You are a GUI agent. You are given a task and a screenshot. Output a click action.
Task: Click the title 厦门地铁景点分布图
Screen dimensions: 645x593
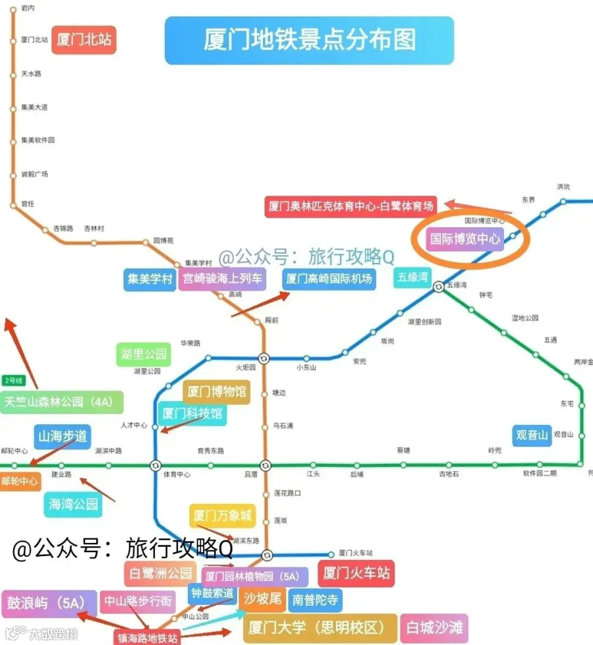[x=309, y=40]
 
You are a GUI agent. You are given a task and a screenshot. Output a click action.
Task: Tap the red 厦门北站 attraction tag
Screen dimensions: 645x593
[x=84, y=40]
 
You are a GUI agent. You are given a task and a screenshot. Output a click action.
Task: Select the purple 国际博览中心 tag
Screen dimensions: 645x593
[x=465, y=238]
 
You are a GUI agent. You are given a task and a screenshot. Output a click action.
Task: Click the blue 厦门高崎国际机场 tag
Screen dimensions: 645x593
[x=329, y=279]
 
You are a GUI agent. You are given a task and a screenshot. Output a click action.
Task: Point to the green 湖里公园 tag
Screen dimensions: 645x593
[x=144, y=354]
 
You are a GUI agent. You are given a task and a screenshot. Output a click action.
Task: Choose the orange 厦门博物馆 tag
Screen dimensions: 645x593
[x=217, y=392]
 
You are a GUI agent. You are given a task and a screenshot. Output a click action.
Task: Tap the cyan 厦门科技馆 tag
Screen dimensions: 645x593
[x=192, y=414]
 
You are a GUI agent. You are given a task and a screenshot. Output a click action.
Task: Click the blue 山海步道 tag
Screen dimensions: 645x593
[x=62, y=435]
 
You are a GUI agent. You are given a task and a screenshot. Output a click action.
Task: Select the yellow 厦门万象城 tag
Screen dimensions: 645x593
[x=222, y=516]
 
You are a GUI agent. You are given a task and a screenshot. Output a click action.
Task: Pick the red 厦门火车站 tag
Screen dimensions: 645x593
[x=356, y=573]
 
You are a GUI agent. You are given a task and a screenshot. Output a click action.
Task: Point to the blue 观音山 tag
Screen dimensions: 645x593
[x=532, y=435]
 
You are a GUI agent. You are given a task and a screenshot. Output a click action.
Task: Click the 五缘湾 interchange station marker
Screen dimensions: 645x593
[x=438, y=286]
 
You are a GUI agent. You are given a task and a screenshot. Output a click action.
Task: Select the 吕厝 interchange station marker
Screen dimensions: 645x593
[x=265, y=465]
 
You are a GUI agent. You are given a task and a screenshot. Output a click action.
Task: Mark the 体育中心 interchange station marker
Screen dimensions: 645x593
[x=155, y=465]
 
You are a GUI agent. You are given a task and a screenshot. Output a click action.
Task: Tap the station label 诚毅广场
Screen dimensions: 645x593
[x=34, y=174]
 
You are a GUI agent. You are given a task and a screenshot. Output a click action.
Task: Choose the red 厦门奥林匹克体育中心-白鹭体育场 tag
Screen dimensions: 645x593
[x=351, y=206]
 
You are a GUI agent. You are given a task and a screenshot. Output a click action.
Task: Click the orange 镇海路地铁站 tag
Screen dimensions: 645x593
[x=148, y=638]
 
